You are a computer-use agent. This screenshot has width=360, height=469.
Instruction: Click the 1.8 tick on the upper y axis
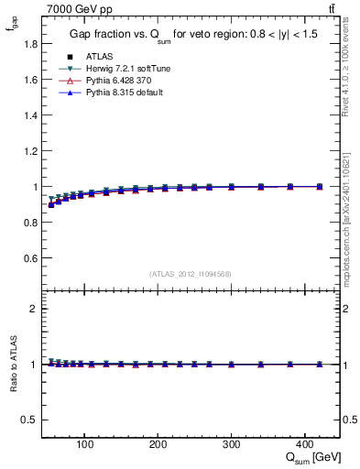29,44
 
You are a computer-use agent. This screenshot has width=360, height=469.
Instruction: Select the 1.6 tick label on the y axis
29,80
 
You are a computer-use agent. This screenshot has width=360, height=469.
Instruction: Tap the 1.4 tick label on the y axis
29,115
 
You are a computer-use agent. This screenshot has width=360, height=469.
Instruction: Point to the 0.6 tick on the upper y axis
29,258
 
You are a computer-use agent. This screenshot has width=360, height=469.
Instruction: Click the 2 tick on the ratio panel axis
34,309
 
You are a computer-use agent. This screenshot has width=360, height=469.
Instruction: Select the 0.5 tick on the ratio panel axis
29,420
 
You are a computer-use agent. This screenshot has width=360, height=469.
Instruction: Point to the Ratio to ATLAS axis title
12,364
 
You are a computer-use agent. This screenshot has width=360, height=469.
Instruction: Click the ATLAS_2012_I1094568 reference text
190,273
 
